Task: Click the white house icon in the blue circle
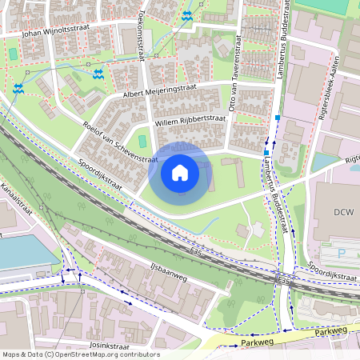click(x=180, y=172)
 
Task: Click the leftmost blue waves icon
click(x=18, y=88)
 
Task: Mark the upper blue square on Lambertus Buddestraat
click(x=278, y=118)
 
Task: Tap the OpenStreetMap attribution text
click(x=80, y=354)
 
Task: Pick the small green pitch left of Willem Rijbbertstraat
click(x=142, y=141)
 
